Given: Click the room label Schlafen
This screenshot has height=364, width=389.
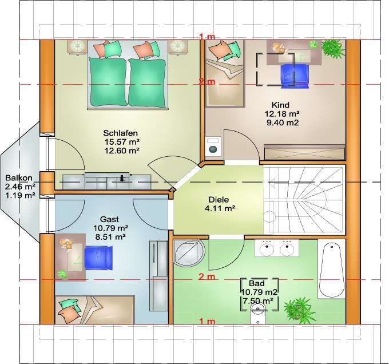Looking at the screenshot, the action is [120, 133].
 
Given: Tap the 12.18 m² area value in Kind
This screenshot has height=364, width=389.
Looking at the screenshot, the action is [282, 114].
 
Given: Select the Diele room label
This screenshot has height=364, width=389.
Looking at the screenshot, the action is [219, 200].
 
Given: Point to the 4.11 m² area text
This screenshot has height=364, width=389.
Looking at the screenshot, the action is [220, 208].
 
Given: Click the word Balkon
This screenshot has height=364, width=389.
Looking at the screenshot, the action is [19, 178].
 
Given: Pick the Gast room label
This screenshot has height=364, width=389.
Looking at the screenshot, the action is [109, 219].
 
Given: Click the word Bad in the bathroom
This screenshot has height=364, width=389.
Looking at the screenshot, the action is [257, 283].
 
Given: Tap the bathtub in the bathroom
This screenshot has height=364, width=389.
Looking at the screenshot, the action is [332, 268].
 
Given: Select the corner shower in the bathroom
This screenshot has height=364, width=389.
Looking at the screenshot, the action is [189, 252].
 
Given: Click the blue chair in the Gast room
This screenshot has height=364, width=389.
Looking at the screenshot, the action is [98, 258].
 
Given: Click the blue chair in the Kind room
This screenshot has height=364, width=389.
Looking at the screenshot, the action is [295, 76].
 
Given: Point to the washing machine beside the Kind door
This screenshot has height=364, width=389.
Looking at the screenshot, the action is [213, 147].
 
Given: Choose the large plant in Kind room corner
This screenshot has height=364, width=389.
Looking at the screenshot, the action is [332, 48].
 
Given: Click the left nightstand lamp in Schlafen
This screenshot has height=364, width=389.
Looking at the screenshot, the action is [77, 47].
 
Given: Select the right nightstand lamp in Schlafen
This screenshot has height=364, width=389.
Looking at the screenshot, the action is [177, 47].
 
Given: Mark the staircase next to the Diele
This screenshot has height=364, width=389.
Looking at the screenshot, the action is [304, 200].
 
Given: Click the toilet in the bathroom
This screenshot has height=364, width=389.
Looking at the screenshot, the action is [258, 314].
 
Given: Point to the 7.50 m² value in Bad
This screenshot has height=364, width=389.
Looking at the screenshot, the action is [258, 301].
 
